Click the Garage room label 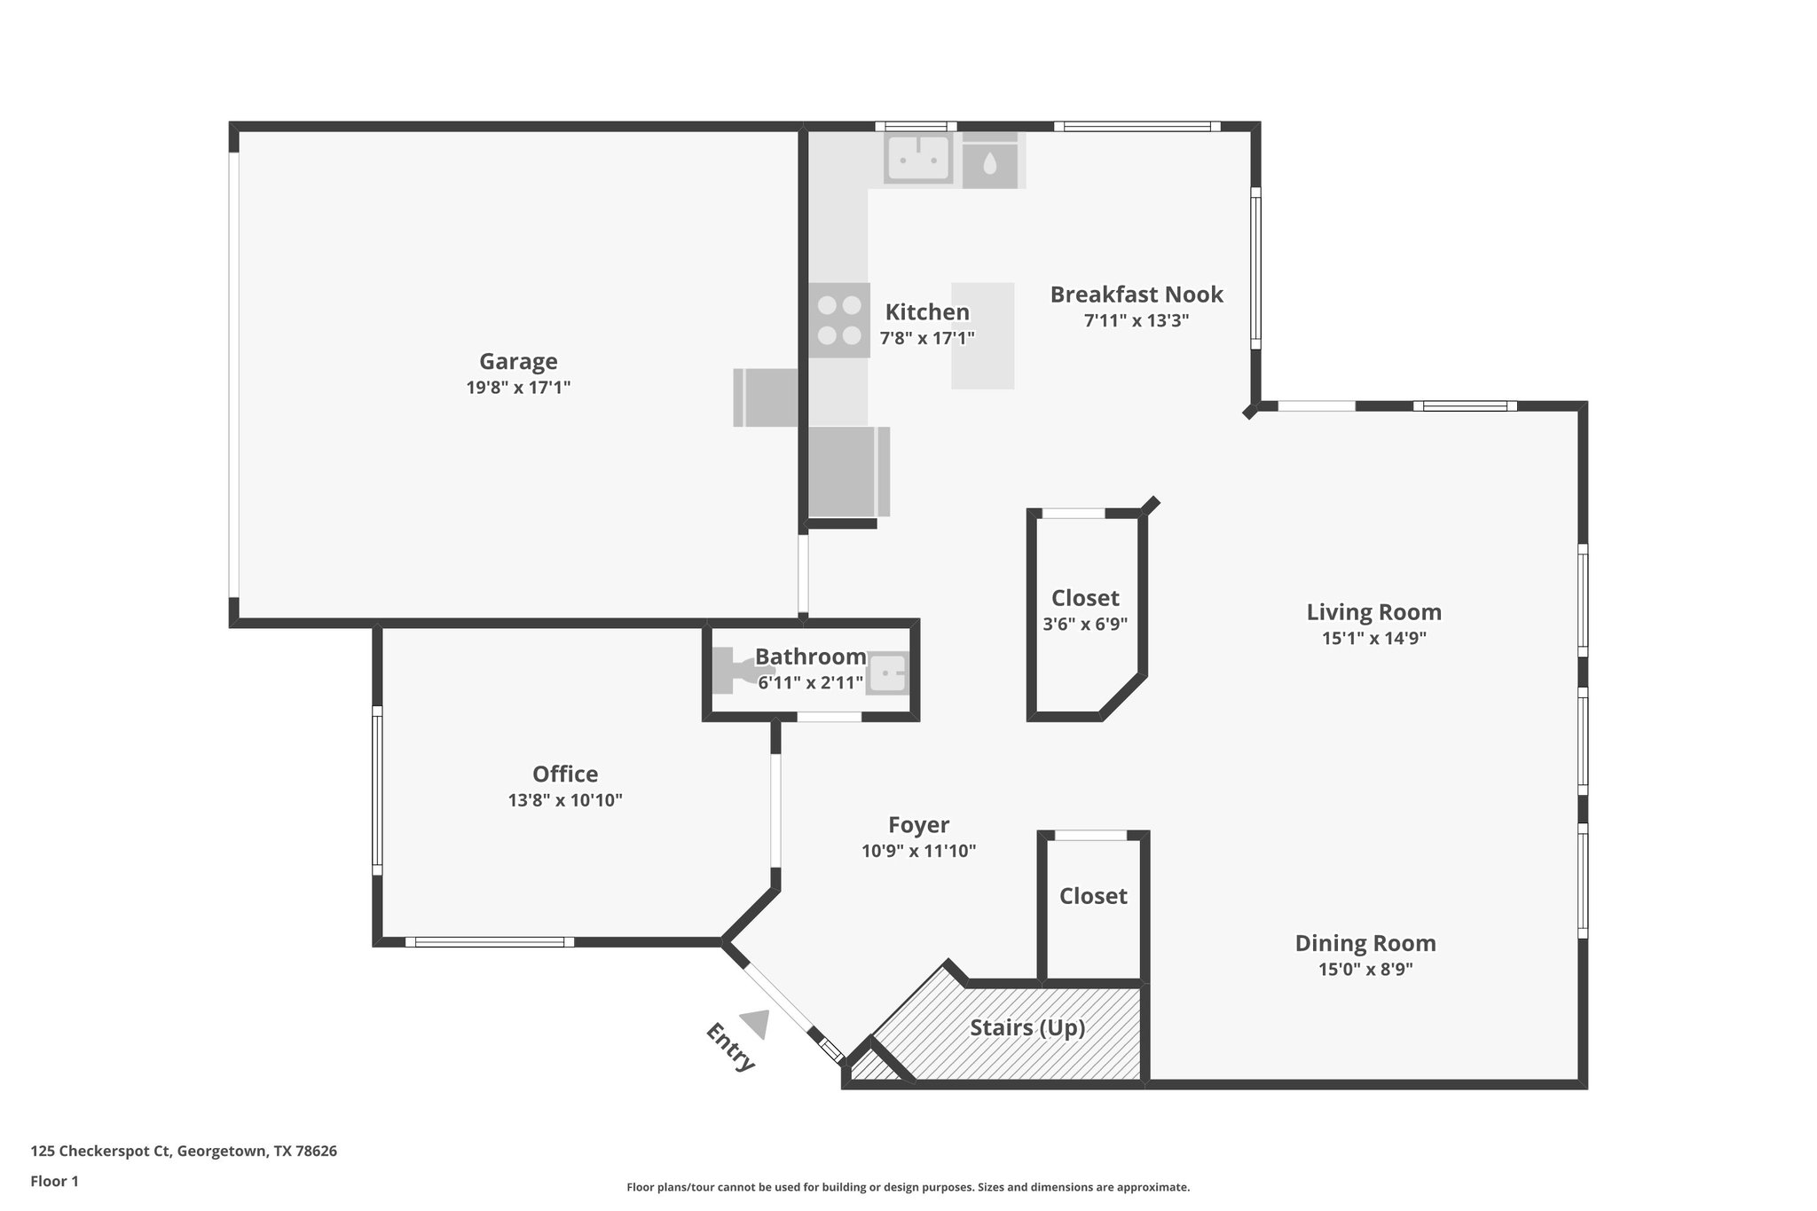(x=518, y=361)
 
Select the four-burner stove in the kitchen (x=839, y=320)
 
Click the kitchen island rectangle (x=983, y=335)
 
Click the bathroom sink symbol (x=887, y=672)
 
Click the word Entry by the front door (x=730, y=1047)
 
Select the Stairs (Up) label (x=1027, y=1027)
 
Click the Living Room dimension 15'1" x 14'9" (x=1373, y=638)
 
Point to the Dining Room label (x=1365, y=943)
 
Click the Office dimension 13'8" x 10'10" (x=565, y=800)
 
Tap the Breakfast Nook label (x=1137, y=295)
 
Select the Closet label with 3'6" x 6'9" (x=1085, y=598)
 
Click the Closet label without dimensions (x=1093, y=896)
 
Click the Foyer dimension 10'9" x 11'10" (x=918, y=851)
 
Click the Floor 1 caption (x=55, y=1181)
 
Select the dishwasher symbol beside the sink (x=990, y=161)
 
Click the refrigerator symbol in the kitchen (x=847, y=472)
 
